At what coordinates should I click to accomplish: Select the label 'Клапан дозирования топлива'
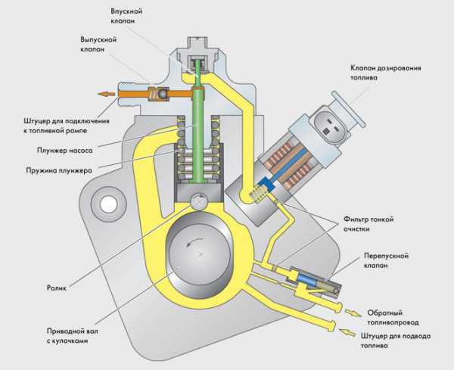(x=396, y=72)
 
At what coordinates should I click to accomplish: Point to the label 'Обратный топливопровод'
(x=393, y=317)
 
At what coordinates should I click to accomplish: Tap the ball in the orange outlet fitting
(x=160, y=95)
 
